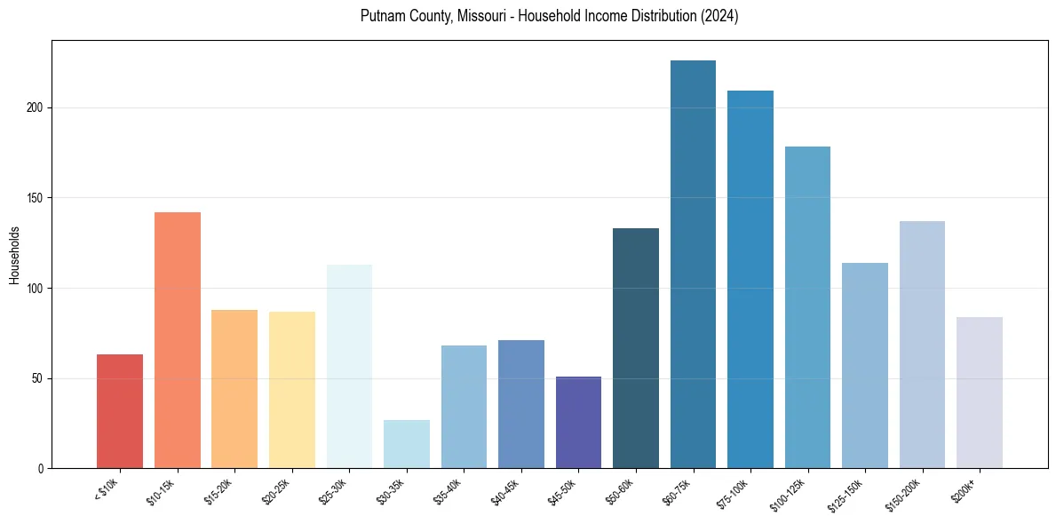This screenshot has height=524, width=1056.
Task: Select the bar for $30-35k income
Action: [407, 444]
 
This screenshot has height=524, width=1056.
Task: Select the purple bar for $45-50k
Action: [578, 422]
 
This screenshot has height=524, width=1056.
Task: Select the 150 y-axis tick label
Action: [36, 198]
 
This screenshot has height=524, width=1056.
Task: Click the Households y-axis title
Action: [14, 255]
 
